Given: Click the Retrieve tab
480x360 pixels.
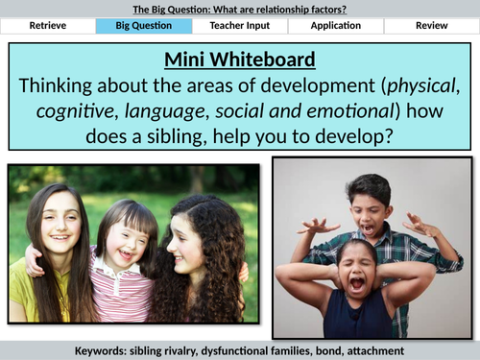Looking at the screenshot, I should click(x=48, y=26).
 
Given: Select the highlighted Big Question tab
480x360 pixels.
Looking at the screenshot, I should click(x=144, y=26).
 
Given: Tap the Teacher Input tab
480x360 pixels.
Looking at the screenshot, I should click(x=239, y=26).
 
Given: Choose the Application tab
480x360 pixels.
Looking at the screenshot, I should click(x=335, y=26).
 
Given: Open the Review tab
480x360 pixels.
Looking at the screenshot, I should click(x=430, y=26).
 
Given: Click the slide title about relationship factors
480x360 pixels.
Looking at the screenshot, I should click(x=239, y=8).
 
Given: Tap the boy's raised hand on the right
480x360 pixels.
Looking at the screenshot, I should click(x=419, y=226).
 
